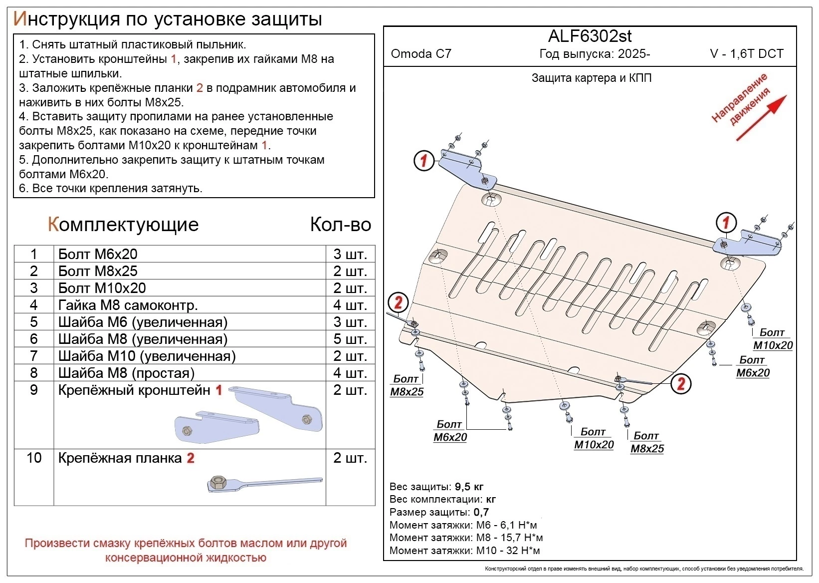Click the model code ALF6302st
click(590, 36)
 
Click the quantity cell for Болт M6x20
click(350, 254)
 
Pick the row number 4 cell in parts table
click(34, 305)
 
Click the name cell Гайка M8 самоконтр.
click(128, 305)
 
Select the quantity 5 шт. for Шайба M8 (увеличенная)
click(350, 339)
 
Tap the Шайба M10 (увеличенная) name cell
click(147, 356)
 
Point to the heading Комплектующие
click(123, 225)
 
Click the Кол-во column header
click(340, 225)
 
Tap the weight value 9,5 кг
click(469, 487)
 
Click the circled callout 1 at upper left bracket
click(423, 161)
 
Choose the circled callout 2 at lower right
click(681, 383)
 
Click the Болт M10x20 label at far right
click(772, 339)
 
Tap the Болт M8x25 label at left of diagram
click(407, 385)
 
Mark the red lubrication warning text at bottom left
click(186, 550)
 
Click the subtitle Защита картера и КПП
click(591, 78)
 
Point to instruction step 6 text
click(110, 188)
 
